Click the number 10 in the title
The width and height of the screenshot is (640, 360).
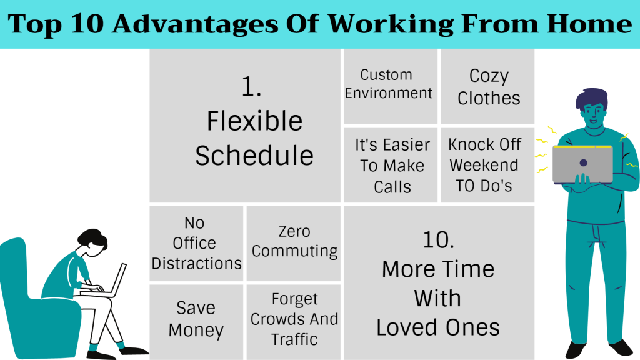click(87, 24)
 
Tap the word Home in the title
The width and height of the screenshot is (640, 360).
click(589, 24)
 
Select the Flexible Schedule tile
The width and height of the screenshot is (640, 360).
click(245, 126)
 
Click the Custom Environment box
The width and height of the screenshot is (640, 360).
click(391, 86)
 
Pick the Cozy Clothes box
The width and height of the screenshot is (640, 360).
click(487, 86)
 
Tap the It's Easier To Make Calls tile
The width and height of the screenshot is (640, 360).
click(391, 165)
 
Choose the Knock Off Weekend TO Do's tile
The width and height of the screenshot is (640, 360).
click(487, 165)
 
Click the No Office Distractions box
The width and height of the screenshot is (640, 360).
click(196, 243)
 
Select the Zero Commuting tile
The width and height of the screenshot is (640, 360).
click(294, 243)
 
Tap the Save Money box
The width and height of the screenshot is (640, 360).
click(196, 322)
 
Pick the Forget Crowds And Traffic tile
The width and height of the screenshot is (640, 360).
click(294, 322)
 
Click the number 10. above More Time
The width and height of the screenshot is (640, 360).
click(438, 240)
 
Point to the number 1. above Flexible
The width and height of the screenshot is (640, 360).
click(251, 87)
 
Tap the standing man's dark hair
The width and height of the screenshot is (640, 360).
click(591, 98)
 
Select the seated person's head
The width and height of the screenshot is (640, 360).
click(93, 242)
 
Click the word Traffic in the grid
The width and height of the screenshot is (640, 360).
click(294, 339)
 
